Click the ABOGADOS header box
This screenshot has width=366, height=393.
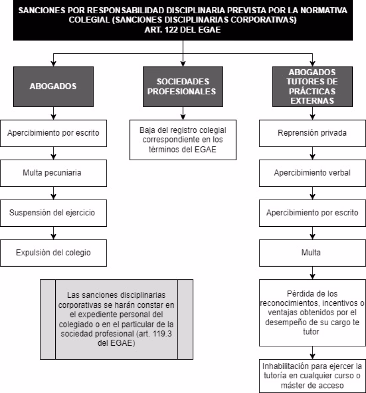pyautogui.click(x=54, y=86)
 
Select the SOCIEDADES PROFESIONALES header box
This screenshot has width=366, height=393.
pyautogui.click(x=183, y=86)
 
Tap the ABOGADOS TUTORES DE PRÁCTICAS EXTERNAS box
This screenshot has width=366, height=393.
pyautogui.click(x=312, y=86)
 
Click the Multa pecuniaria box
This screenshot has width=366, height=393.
pyautogui.click(x=54, y=173)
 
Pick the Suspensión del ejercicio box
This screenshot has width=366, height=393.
pyautogui.click(x=54, y=213)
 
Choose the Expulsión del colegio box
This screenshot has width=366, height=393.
pyautogui.click(x=54, y=252)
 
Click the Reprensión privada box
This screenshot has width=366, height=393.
pyautogui.click(x=312, y=133)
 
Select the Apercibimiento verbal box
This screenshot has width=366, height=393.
pyautogui.click(x=312, y=173)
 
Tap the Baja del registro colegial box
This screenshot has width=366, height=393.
pyautogui.click(x=183, y=140)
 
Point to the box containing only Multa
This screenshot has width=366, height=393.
pyautogui.click(x=312, y=252)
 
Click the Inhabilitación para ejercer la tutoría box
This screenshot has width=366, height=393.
pyautogui.click(x=312, y=376)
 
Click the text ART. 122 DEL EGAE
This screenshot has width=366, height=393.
pyautogui.click(x=183, y=30)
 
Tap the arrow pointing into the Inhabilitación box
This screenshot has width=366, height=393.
pyautogui.click(x=312, y=353)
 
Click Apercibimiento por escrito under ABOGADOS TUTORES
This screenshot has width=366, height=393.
pyautogui.click(x=312, y=213)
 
